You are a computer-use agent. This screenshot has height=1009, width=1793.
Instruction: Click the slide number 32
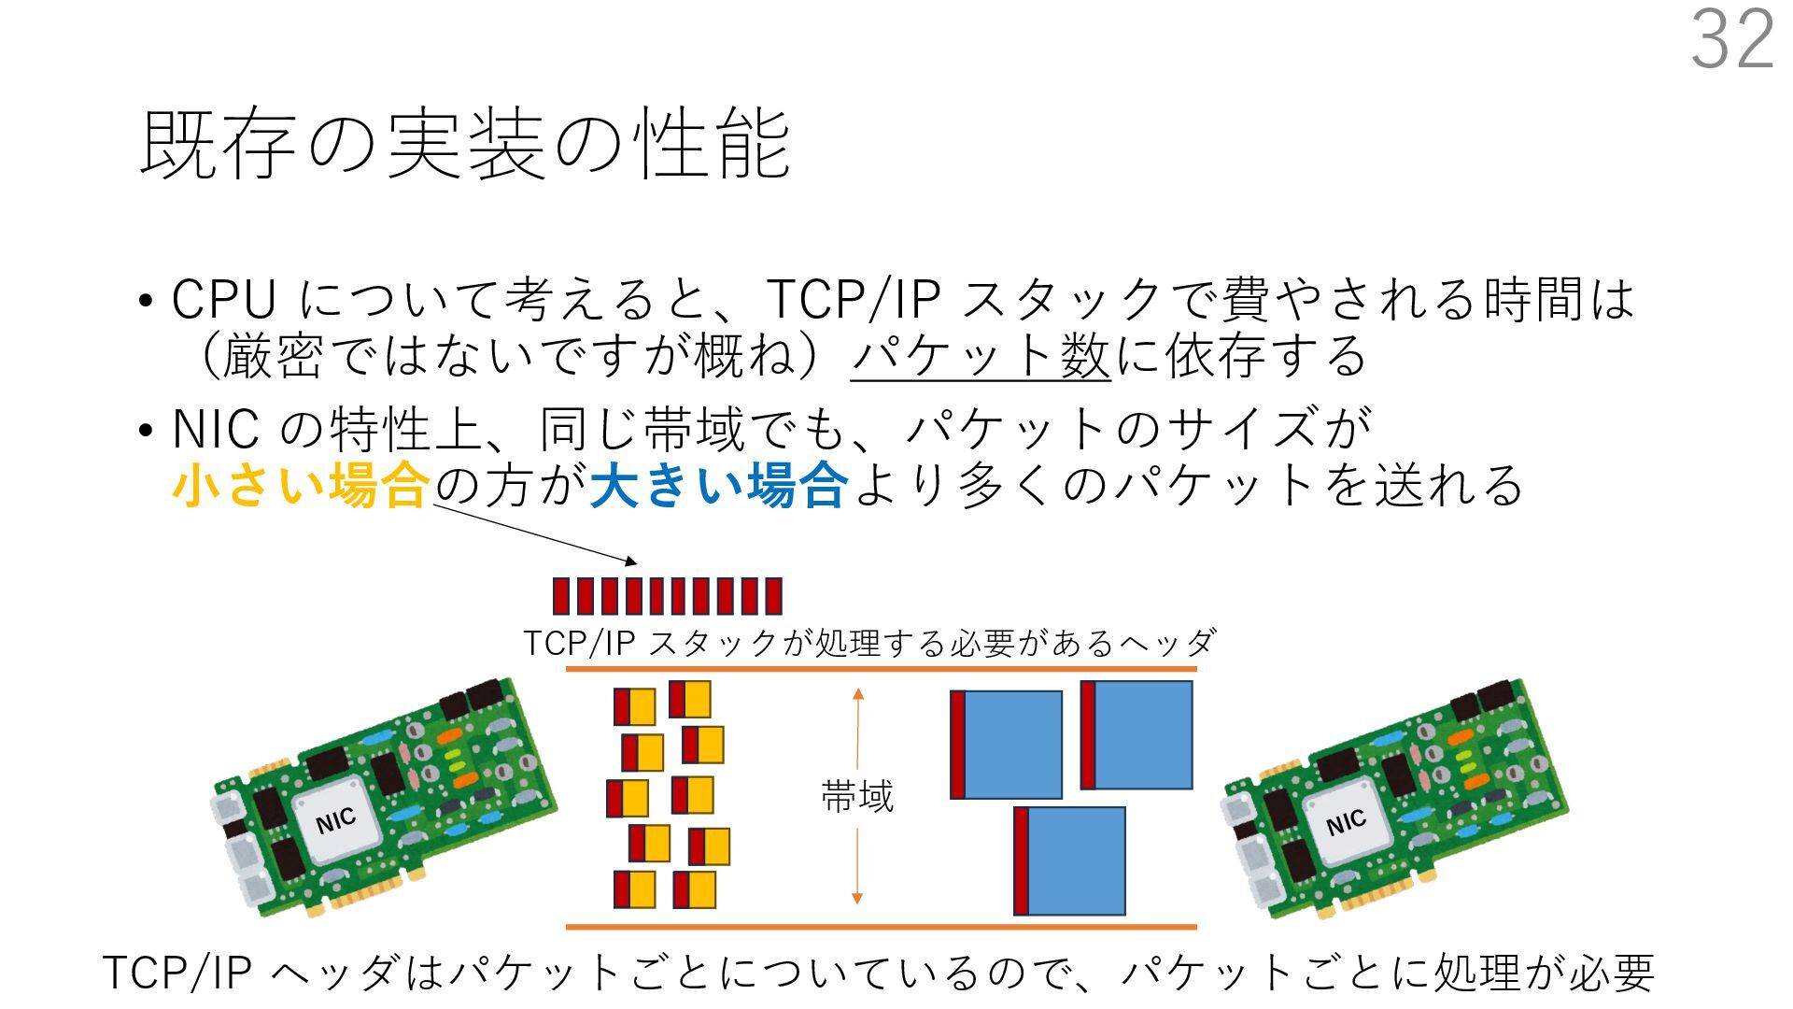click(x=1732, y=39)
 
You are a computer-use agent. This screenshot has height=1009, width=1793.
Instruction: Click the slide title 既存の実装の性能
click(x=465, y=144)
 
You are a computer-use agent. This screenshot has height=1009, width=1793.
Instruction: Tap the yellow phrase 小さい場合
click(x=301, y=486)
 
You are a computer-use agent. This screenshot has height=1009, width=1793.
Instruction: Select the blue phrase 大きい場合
click(x=719, y=486)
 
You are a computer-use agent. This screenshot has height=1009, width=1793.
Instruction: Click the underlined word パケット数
click(x=981, y=357)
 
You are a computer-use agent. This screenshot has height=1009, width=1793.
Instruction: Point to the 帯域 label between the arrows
click(x=857, y=797)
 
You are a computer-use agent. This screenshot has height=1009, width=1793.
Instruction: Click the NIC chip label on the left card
click(x=336, y=821)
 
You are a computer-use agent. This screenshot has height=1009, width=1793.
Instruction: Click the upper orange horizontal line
click(x=881, y=670)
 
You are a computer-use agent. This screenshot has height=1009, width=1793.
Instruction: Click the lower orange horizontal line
click(x=881, y=927)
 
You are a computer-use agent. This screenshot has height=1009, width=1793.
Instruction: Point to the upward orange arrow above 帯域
click(x=857, y=729)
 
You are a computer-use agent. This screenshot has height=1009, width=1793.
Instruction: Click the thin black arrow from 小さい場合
click(x=534, y=533)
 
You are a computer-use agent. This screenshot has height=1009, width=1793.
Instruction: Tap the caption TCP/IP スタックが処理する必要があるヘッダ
click(x=868, y=643)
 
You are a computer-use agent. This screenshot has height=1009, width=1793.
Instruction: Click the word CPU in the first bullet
click(x=224, y=300)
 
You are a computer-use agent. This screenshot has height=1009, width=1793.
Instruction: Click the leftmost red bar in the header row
click(x=560, y=596)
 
